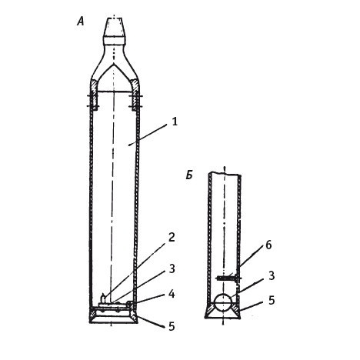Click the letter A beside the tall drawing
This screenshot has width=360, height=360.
click(81, 21)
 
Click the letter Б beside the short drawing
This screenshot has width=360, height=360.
click(189, 175)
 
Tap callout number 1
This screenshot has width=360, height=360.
click(175, 122)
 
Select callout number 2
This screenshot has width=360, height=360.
click(172, 238)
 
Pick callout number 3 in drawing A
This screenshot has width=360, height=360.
click(172, 268)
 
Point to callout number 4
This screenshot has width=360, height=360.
click(172, 294)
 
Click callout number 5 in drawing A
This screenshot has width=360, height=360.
click(172, 326)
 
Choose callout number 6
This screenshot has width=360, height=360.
click(268, 245)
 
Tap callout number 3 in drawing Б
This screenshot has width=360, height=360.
click(272, 276)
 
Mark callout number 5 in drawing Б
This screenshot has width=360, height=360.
click(272, 300)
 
